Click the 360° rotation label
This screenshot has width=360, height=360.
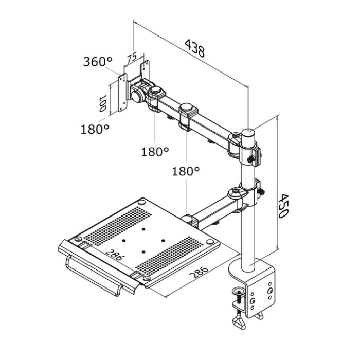coord(98,62)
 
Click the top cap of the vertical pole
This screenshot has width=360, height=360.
coord(248,132)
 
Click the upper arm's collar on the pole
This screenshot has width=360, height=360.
coord(249,152)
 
